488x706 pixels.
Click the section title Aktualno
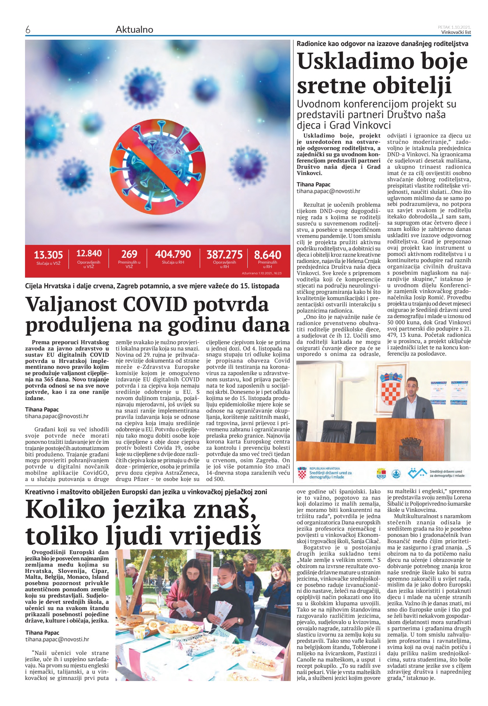[134, 30]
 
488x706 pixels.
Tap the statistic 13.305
[48, 255]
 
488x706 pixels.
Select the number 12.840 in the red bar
[89, 253]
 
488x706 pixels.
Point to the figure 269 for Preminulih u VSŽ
[129, 254]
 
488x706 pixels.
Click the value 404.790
[173, 254]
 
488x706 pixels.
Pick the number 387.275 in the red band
[224, 254]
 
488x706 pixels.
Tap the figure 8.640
[268, 254]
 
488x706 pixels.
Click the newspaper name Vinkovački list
[456, 32]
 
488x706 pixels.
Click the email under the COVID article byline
[57, 416]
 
